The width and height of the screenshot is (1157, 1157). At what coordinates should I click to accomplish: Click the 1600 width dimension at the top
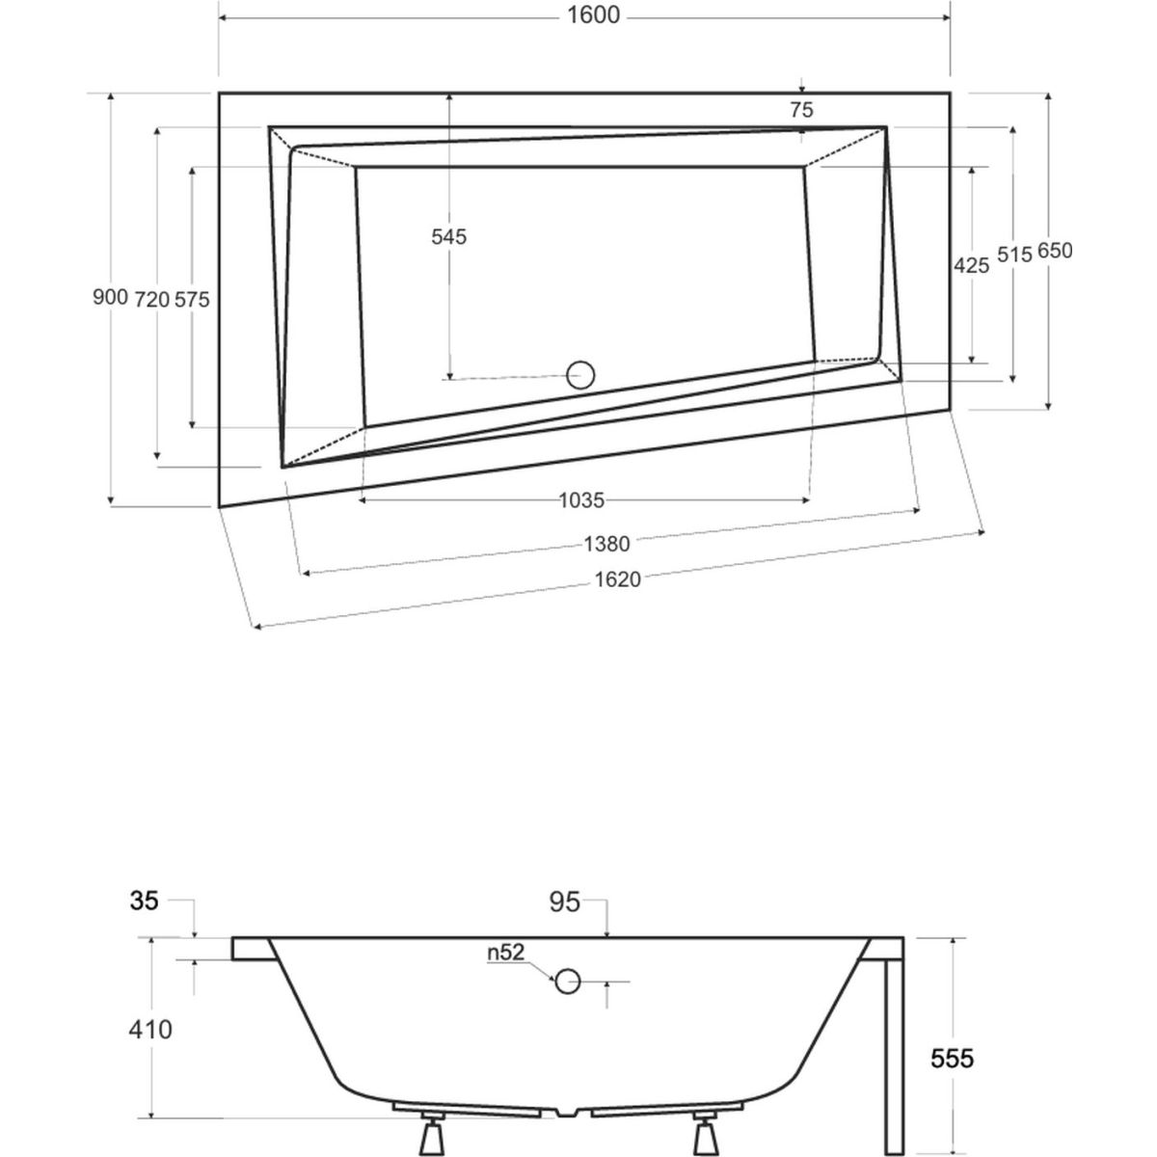coord(594,15)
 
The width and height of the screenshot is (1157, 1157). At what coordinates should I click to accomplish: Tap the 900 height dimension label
coord(110,298)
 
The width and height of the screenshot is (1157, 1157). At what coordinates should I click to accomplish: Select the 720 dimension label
coord(152,299)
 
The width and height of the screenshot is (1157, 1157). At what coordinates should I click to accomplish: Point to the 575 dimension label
coord(192,299)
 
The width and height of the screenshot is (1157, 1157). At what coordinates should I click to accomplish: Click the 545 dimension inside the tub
coord(448,236)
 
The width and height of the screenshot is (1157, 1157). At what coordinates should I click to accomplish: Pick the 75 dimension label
coord(801,110)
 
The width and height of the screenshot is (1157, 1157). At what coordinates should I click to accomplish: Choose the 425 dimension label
coord(971,265)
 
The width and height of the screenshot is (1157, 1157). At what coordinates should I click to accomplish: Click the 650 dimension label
coord(1054,251)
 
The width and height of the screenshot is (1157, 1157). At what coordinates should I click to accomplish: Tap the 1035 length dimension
coord(581,499)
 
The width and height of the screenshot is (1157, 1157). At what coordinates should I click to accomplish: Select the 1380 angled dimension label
coord(606,545)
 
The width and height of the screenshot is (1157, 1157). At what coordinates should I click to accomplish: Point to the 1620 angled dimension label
coord(618,578)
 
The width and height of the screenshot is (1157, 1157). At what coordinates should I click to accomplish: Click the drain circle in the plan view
coord(580,374)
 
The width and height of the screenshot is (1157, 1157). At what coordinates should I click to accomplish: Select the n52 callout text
coord(505,953)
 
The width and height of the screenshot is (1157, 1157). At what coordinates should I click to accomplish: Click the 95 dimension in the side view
coord(565,902)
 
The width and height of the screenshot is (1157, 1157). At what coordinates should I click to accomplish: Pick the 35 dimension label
coord(145,902)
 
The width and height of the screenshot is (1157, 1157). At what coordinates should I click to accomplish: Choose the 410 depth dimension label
coord(151,1030)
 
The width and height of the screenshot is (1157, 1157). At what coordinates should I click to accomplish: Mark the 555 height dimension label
coord(953,1059)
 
